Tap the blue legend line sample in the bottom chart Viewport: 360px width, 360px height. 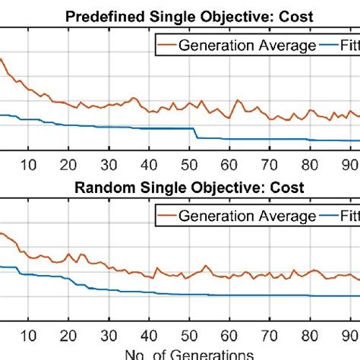tap(332, 216)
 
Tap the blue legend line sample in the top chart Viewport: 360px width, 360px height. tap(332, 45)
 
